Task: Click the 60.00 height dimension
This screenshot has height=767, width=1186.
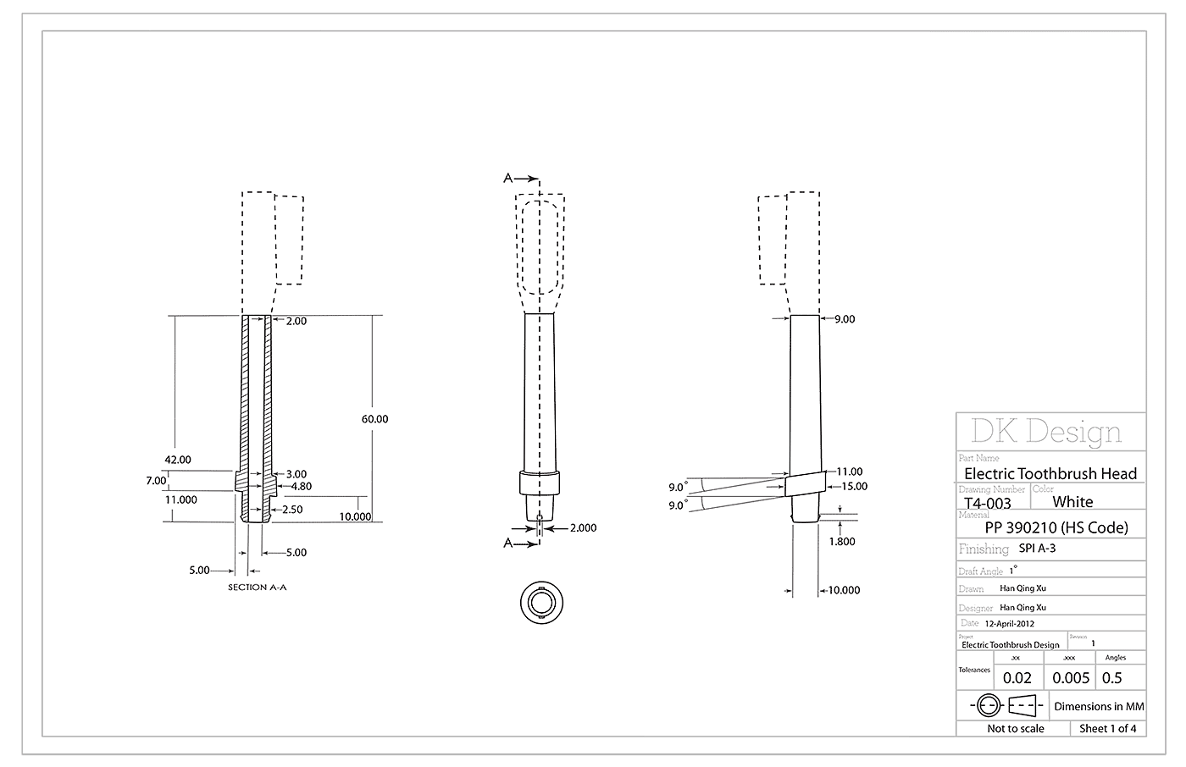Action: point(374,419)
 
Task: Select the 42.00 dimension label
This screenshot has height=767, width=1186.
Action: point(178,460)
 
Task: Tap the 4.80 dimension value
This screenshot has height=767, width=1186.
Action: point(301,487)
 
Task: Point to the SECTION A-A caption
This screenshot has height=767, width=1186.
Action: point(258,587)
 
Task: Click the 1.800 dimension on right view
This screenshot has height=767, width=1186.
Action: point(841,541)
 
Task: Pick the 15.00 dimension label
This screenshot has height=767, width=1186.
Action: point(854,486)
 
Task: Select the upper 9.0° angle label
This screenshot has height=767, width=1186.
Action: point(676,487)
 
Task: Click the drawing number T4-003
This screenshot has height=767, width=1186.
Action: point(987,503)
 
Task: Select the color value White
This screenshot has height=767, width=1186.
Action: point(1072,501)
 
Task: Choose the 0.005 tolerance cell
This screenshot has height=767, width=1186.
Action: point(1070,678)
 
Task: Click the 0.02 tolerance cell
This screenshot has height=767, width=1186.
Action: point(1017,678)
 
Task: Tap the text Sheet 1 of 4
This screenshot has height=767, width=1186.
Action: point(1108,729)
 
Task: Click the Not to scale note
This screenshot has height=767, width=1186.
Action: point(1015,729)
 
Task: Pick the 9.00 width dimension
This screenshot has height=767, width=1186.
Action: point(845,319)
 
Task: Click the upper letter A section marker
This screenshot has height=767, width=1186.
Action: point(507,178)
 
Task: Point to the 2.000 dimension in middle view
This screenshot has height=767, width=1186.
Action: point(582,527)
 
